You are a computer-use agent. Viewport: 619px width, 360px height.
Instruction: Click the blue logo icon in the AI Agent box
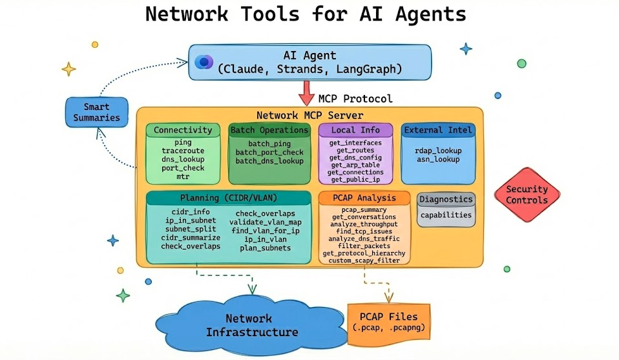pos(204,62)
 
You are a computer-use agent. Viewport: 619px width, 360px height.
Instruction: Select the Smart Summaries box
pos(96,112)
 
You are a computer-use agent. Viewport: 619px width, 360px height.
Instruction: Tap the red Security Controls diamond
pos(527,195)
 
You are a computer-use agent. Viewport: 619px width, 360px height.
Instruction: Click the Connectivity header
pos(183,130)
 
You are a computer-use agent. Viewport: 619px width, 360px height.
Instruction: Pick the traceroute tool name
pos(183,151)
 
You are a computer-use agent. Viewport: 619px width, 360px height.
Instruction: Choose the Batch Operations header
pos(269,130)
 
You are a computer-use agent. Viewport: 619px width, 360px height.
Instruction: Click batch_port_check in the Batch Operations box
pos(269,152)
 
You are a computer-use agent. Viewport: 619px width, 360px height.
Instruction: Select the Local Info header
pos(355,130)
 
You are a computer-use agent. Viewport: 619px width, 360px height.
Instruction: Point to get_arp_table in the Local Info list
pos(355,165)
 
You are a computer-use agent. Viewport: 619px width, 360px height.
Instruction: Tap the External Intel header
pos(437,130)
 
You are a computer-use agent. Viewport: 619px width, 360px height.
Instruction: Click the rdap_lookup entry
pos(437,151)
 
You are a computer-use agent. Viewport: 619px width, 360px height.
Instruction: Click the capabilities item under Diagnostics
pos(446,215)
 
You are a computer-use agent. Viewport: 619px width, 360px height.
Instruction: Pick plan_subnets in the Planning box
pos(266,248)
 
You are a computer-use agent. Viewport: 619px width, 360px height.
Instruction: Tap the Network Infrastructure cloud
pos(249,325)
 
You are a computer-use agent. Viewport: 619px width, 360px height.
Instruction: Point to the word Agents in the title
pos(430,14)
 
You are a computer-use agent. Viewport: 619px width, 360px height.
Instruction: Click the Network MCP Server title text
pos(309,115)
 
